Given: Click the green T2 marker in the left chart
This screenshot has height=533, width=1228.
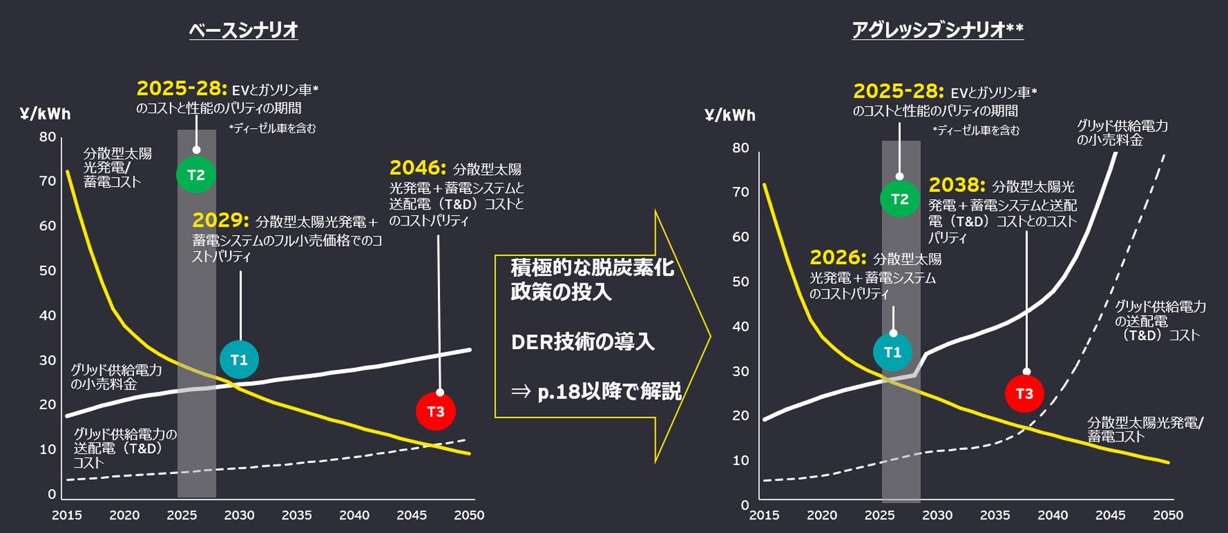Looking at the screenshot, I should pyautogui.click(x=196, y=174).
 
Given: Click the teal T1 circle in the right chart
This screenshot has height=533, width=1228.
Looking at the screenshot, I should pyautogui.click(x=893, y=352).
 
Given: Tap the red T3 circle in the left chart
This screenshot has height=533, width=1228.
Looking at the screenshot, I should pyautogui.click(x=435, y=411).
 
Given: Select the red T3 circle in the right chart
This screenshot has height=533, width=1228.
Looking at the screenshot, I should pyautogui.click(x=1024, y=393).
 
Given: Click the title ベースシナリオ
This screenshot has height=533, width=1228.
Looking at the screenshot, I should pyautogui.click(x=243, y=30).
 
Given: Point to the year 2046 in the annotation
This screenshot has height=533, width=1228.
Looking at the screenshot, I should pyautogui.click(x=417, y=168).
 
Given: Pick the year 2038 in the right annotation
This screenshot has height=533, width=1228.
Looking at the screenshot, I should pyautogui.click(x=957, y=185).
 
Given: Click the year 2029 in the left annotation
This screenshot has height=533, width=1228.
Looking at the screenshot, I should pyautogui.click(x=220, y=220).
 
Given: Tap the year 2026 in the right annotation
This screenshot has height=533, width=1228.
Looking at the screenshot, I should pyautogui.click(x=837, y=258).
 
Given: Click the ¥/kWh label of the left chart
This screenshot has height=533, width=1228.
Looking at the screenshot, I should pyautogui.click(x=45, y=114).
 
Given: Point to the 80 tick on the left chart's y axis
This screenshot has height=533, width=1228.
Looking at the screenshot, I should pyautogui.click(x=47, y=136).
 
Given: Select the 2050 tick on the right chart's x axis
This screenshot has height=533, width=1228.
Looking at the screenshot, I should pyautogui.click(x=1168, y=515).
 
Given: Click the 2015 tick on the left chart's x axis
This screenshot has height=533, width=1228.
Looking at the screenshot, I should pyautogui.click(x=67, y=515).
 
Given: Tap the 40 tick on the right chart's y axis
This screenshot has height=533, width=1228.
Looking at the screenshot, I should pyautogui.click(x=741, y=326).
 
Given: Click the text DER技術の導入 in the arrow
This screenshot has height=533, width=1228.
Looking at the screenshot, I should pyautogui.click(x=582, y=341).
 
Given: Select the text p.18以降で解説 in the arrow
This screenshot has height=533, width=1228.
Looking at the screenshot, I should pyautogui.click(x=609, y=391).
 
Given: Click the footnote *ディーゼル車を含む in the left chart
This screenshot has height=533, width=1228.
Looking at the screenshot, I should pyautogui.click(x=273, y=128).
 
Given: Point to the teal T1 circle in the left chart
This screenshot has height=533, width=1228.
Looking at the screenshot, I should pyautogui.click(x=239, y=359).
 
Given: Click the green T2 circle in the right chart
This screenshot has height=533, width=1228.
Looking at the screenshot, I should pyautogui.click(x=899, y=199).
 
